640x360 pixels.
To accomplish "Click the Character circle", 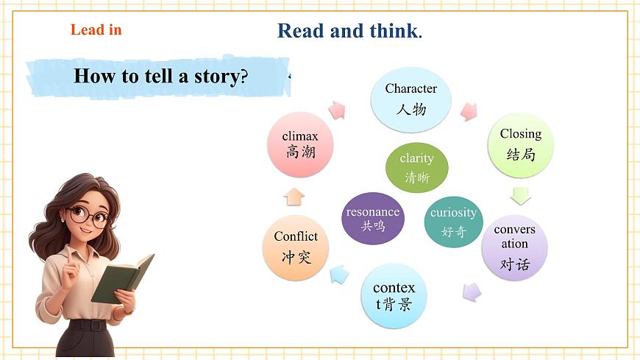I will pos(410,100).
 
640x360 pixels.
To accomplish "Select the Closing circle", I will pos(520,144).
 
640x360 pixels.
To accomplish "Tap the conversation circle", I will pos(515,247).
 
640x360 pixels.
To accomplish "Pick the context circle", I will pos(394,295).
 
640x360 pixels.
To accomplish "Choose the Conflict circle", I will pos(296,247).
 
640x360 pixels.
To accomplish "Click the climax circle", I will pos(300,144).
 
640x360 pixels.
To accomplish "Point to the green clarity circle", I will pos(417,168).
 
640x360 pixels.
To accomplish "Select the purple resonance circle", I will pos(373,219).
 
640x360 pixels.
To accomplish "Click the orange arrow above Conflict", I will pos(294,196).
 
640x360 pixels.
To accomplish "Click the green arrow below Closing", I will pos(521,195).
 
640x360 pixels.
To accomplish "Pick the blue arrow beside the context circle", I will pos(339,275).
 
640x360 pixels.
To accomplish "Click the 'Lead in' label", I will pos(96,30).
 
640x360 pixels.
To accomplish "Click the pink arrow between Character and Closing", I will pos(468,111).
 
